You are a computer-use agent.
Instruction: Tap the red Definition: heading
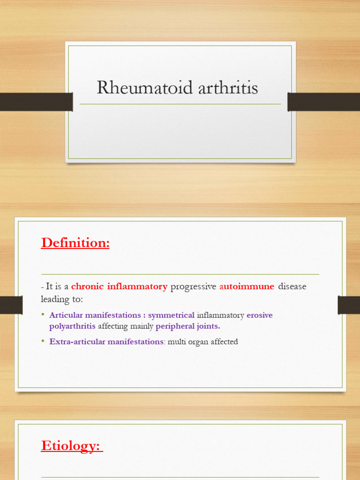[75, 243]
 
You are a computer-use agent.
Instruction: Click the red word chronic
[87, 286]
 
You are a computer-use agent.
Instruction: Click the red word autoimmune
[247, 286]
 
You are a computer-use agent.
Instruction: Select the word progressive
[193, 286]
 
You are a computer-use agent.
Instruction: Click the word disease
[292, 286]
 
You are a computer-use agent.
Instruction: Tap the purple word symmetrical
[171, 315]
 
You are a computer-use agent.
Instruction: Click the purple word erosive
[260, 315]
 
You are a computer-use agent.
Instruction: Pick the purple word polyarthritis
[72, 326]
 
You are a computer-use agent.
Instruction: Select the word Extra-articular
[78, 342]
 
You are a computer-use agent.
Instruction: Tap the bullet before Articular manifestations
[43, 315]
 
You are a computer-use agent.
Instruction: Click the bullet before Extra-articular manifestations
[43, 341]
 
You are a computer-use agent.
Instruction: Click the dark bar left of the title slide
[36, 102]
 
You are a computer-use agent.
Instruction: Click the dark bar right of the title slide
[324, 102]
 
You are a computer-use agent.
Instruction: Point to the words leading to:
[61, 299]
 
